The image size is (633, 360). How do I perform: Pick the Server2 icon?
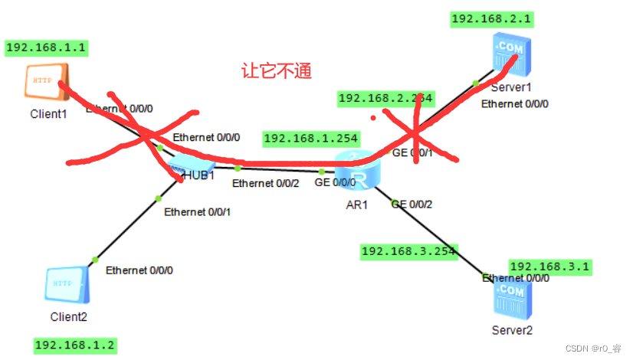[512, 300]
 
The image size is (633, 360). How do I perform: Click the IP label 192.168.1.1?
[46, 47]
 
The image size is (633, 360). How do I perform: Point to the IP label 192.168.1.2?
[75, 345]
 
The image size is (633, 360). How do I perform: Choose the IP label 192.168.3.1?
[549, 267]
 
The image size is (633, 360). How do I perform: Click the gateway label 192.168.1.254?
[311, 139]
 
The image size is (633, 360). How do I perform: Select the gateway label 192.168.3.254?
[408, 250]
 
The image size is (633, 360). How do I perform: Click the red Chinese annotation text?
[277, 71]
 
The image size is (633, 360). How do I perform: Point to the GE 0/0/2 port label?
[412, 204]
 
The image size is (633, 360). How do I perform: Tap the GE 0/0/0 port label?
[335, 182]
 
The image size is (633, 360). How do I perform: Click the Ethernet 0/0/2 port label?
[265, 183]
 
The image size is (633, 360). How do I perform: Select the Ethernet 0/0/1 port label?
[197, 211]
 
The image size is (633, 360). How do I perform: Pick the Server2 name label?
[512, 330]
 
